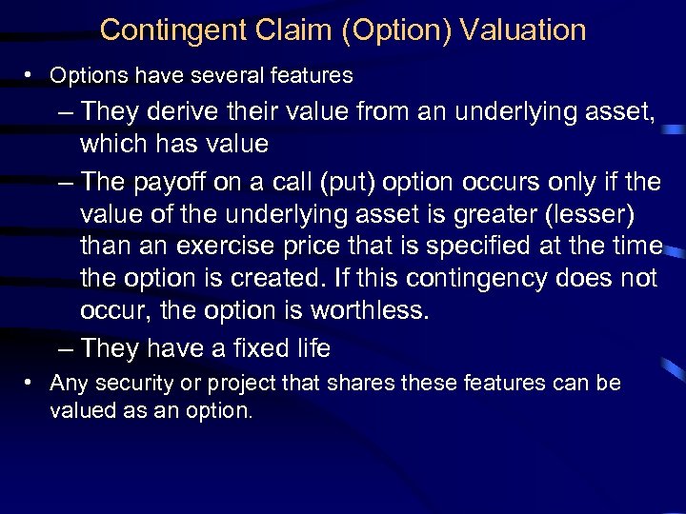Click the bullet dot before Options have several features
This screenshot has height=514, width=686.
31,75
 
